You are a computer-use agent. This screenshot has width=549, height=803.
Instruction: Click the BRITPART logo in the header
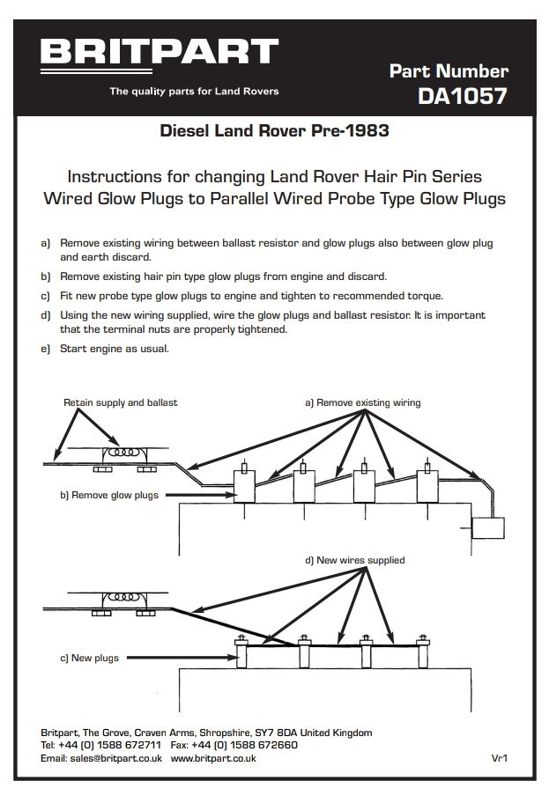click(x=159, y=52)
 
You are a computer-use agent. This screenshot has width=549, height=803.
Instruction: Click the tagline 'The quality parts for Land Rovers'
click(x=194, y=92)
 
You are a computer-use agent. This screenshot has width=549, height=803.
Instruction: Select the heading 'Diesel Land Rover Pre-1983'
click(x=274, y=132)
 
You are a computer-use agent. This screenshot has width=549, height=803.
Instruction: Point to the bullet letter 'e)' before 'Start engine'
click(x=46, y=349)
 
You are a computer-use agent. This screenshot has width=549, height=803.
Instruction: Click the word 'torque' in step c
click(x=421, y=296)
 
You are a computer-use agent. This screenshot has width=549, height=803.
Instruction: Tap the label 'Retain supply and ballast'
click(x=121, y=402)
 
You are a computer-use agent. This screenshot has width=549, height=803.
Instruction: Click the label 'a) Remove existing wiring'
click(x=362, y=402)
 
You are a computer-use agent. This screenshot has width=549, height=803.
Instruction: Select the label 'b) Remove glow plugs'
click(x=109, y=495)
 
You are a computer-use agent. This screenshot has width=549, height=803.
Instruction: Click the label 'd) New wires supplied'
click(x=354, y=560)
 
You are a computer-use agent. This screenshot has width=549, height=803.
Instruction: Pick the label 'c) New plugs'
click(x=89, y=658)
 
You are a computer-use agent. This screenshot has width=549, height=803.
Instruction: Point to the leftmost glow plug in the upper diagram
click(x=243, y=484)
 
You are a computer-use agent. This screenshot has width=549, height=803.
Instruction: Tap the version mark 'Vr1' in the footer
click(x=501, y=758)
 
